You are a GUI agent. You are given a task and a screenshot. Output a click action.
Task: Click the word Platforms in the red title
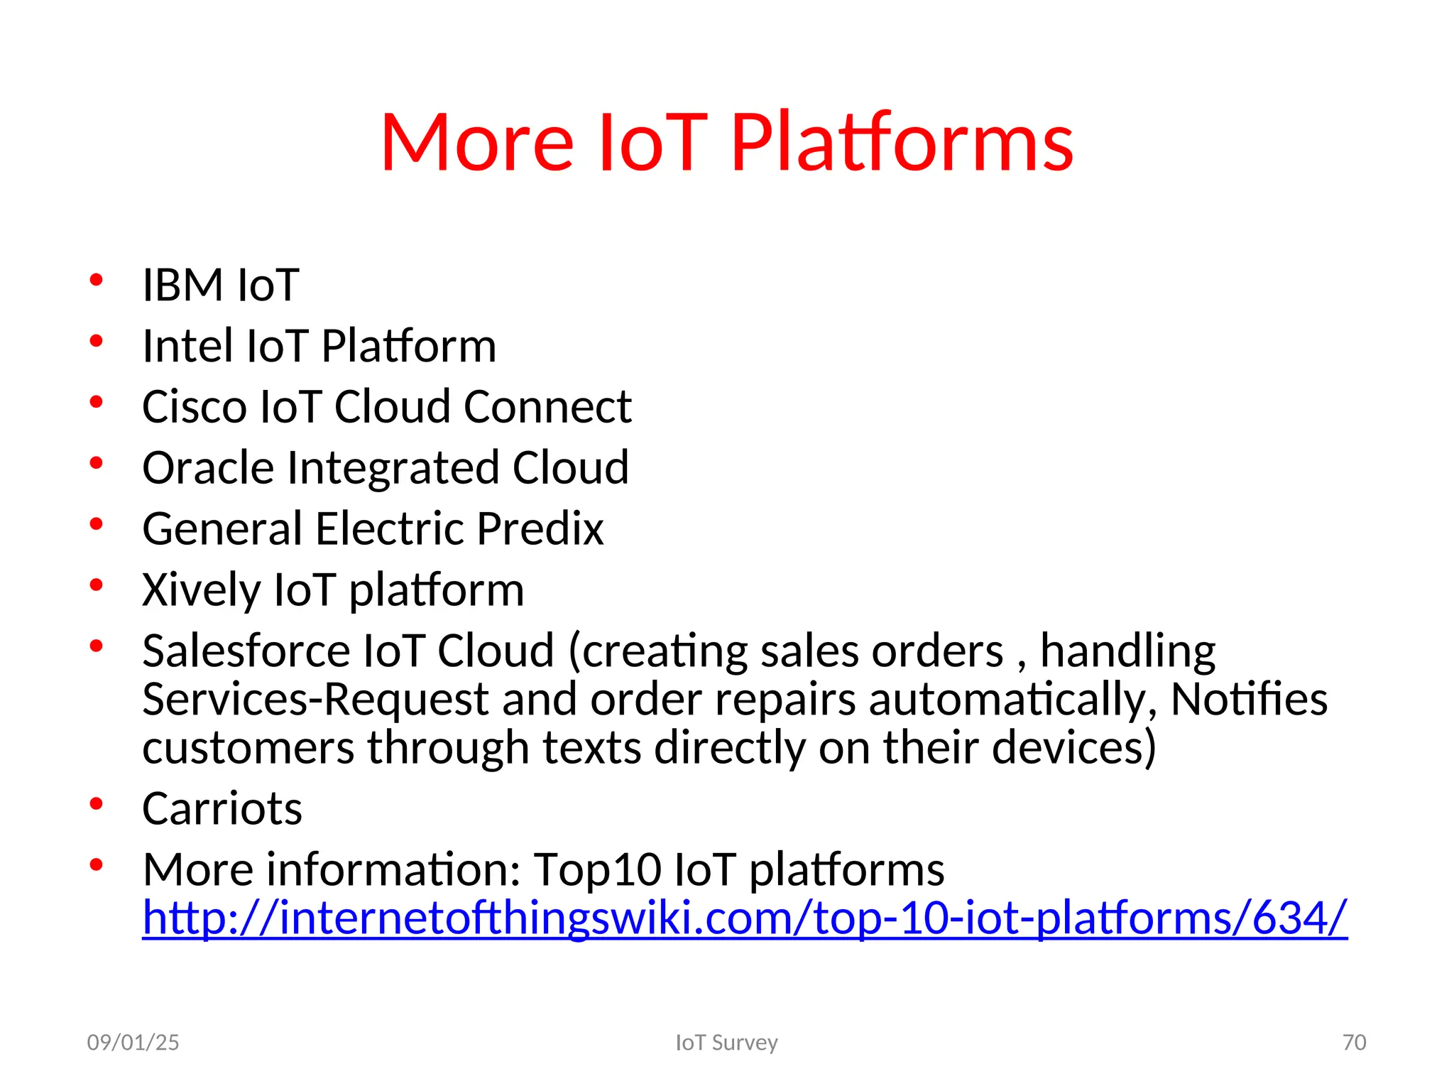[902, 144]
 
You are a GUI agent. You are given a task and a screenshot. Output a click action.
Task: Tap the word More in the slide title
[476, 144]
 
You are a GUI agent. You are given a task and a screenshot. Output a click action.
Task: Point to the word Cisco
[195, 408]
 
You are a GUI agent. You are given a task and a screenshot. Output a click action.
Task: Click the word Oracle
[208, 469]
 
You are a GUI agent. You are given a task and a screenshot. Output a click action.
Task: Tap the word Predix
[540, 530]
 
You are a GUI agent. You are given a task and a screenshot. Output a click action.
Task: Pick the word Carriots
[222, 809]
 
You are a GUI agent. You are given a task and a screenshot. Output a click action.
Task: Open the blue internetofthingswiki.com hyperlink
[744, 918]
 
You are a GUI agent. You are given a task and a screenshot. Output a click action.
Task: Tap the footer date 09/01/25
[133, 1043]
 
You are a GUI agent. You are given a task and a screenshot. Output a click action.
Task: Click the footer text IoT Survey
[726, 1043]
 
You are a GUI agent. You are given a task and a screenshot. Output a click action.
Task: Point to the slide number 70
[1354, 1043]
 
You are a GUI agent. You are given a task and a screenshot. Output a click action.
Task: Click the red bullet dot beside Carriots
[97, 804]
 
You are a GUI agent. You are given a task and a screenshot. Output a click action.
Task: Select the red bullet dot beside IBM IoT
[97, 281]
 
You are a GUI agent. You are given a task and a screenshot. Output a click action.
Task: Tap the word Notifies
[1249, 700]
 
